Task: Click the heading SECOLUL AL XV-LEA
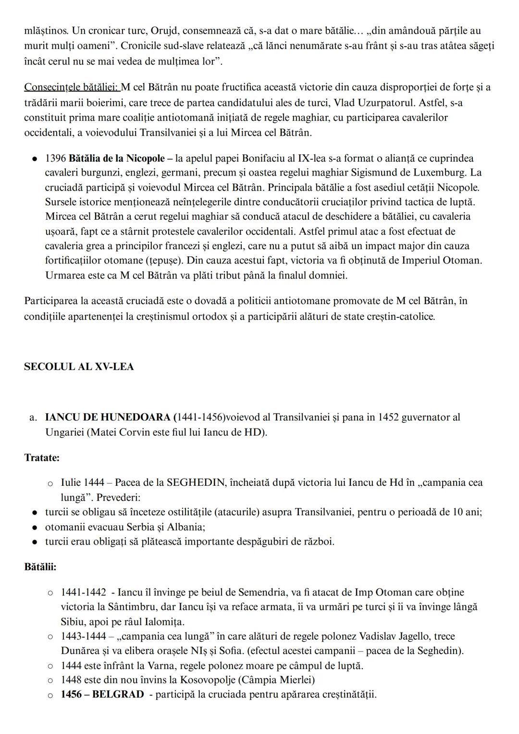(x=79, y=367)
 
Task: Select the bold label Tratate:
(x=42, y=457)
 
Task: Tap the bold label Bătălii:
(x=40, y=567)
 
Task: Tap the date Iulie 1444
(x=82, y=482)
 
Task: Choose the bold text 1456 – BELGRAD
(x=102, y=695)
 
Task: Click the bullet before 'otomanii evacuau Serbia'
(x=35, y=527)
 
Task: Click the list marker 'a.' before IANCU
(x=33, y=417)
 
